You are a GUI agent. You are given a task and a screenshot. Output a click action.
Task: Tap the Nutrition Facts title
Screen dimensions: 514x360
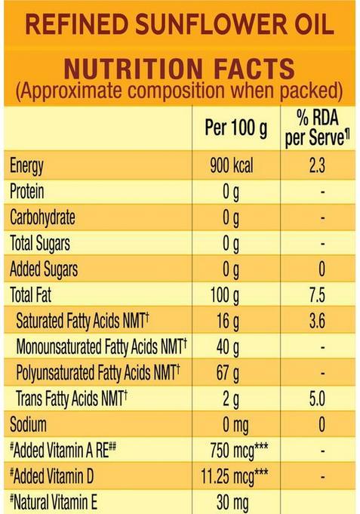tap(180, 69)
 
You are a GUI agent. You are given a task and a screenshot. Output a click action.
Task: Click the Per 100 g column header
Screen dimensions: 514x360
tap(236, 128)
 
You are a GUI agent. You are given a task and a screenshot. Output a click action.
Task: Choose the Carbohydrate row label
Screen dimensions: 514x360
tap(42, 218)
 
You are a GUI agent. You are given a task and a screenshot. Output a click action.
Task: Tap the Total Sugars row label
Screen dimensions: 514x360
tap(40, 244)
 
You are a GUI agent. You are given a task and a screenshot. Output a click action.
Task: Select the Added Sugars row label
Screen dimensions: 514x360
tap(44, 269)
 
